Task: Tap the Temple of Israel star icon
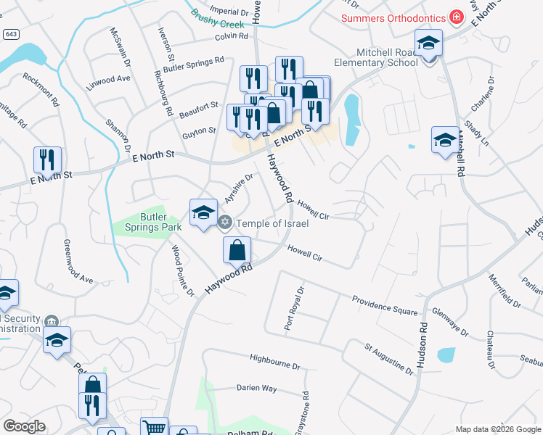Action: (x=225, y=223)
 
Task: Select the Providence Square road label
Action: (x=385, y=306)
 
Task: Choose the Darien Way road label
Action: (x=256, y=388)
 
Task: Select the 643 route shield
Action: (x=10, y=34)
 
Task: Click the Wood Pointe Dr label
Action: (x=183, y=270)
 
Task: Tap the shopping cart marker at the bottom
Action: (x=154, y=427)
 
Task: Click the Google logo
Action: (x=24, y=426)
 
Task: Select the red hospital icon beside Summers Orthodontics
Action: (x=456, y=16)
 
